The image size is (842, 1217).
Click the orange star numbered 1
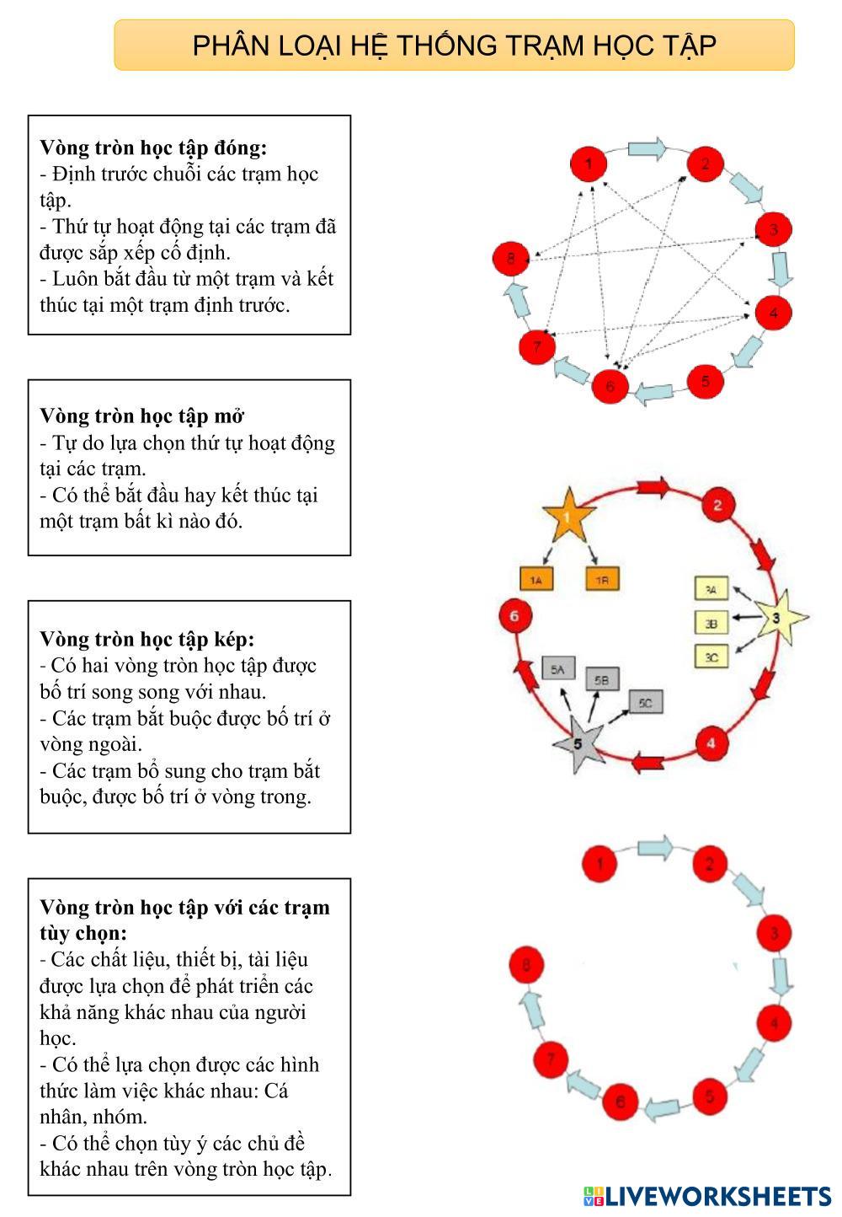(x=567, y=516)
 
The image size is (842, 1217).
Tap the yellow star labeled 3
(x=776, y=618)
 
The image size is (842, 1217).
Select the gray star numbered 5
(x=578, y=743)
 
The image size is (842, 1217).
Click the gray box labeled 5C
(x=646, y=701)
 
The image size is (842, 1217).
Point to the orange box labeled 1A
(x=536, y=579)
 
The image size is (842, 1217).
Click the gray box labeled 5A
(x=557, y=669)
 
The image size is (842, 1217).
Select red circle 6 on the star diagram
(x=514, y=616)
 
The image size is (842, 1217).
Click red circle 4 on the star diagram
(x=711, y=743)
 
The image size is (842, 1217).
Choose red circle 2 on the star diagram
(x=717, y=506)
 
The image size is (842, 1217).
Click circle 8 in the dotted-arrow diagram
(x=510, y=258)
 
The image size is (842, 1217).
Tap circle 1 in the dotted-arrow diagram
(x=589, y=163)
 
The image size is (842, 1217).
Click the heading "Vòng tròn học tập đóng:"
(x=153, y=147)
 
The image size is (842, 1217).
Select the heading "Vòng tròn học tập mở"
(x=142, y=415)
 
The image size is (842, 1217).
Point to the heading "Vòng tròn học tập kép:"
(x=147, y=639)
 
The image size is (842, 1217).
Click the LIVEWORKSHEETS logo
(x=707, y=1195)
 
